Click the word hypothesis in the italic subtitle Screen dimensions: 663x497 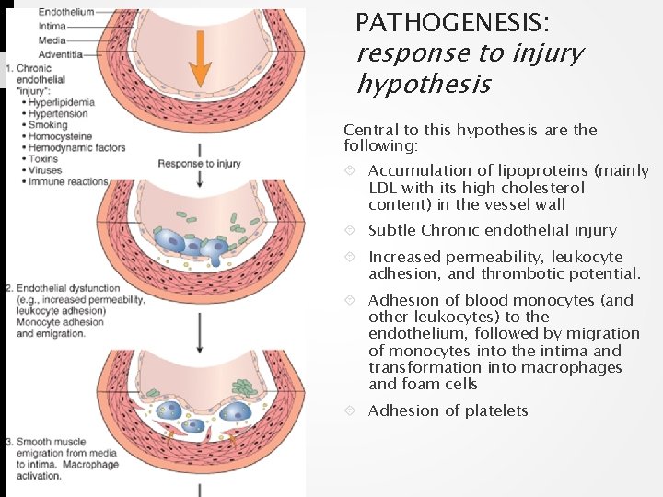tap(424, 86)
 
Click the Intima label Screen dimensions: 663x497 tap(52, 26)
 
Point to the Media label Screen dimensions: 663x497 tap(52, 40)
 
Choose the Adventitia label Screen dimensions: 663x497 tap(60, 53)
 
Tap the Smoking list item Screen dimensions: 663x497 tap(48, 125)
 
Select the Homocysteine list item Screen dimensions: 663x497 tap(59, 136)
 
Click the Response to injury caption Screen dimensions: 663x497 tap(200, 164)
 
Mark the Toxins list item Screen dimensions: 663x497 tap(44, 159)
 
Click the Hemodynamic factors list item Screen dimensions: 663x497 tap(77, 147)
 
